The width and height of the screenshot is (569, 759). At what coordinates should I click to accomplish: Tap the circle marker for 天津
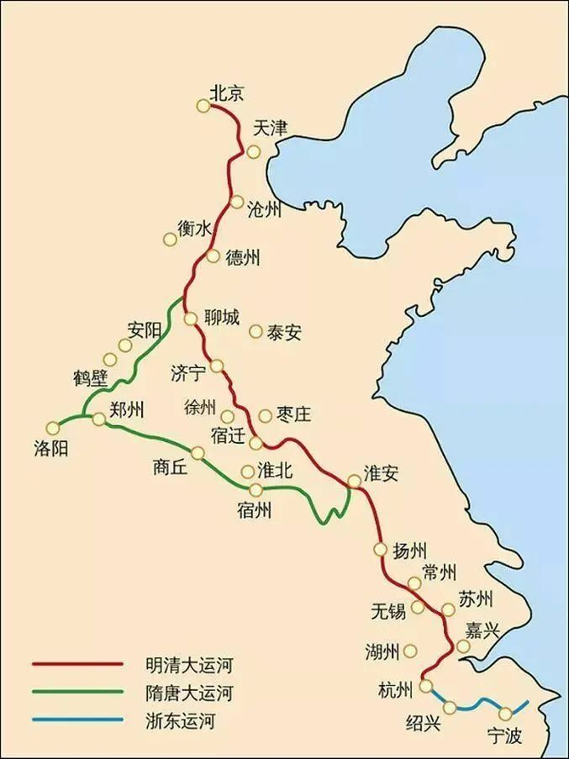(x=253, y=151)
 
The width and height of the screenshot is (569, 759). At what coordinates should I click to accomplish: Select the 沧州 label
(x=264, y=210)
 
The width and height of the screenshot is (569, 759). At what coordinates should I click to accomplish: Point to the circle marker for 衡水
(x=170, y=240)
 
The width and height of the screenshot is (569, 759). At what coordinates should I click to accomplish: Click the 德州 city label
(x=243, y=258)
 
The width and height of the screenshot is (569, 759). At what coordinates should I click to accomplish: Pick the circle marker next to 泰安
(x=256, y=331)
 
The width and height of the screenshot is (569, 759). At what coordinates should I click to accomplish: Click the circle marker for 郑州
(x=98, y=419)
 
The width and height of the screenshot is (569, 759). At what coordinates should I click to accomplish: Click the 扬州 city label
(x=411, y=551)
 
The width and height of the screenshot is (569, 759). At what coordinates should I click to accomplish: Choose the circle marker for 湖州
(x=410, y=651)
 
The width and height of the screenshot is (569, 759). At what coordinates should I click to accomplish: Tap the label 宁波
(x=504, y=737)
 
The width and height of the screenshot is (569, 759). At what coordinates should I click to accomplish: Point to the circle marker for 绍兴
(x=450, y=708)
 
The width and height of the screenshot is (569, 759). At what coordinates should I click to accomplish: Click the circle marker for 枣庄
(x=265, y=416)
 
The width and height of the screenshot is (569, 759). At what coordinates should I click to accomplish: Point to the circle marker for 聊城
(x=191, y=319)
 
